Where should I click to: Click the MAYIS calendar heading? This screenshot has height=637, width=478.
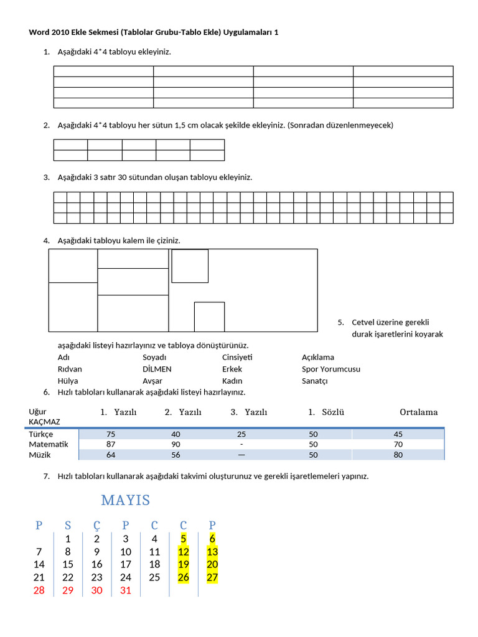(x=125, y=500)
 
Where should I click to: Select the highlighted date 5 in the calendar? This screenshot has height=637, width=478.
(x=184, y=539)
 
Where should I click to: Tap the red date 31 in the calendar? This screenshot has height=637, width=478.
(x=126, y=590)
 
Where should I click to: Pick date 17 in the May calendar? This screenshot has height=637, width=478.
(x=126, y=564)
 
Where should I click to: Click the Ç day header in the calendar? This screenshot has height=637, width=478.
(x=96, y=526)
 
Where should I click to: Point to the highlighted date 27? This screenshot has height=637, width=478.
(x=212, y=577)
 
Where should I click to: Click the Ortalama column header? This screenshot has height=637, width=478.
(x=418, y=412)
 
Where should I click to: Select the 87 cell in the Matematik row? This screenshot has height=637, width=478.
(x=111, y=444)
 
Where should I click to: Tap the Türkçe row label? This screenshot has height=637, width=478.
(x=41, y=434)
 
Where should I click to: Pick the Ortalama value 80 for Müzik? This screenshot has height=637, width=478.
(x=398, y=455)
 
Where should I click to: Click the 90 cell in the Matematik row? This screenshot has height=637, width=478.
(x=176, y=444)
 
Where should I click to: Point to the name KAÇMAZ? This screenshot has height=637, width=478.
(x=44, y=422)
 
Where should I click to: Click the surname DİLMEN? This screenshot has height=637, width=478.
(x=157, y=369)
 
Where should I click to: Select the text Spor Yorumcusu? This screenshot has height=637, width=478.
(x=330, y=369)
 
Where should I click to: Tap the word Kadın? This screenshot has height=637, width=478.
(x=232, y=381)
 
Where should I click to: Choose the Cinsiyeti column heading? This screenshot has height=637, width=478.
(x=237, y=357)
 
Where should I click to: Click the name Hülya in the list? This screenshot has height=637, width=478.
(x=68, y=381)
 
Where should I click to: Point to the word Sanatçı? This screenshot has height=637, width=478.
(x=314, y=381)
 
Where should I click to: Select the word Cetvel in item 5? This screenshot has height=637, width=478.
(x=364, y=322)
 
